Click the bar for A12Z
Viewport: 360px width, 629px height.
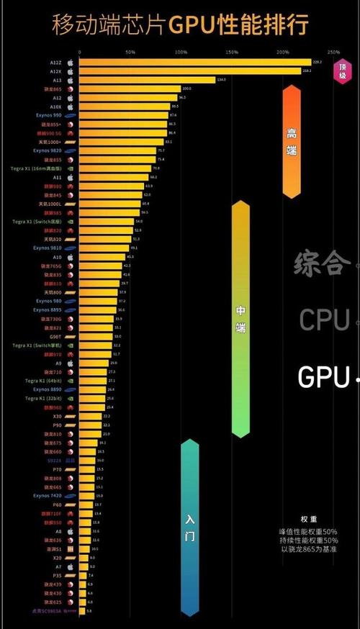click(x=194, y=63)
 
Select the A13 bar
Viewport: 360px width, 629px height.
click(x=147, y=80)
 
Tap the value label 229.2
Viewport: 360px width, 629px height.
click(x=317, y=63)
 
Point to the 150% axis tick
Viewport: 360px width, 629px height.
click(x=231, y=53)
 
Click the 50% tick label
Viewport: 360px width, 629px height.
click(x=130, y=53)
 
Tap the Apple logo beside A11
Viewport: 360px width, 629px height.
click(x=71, y=176)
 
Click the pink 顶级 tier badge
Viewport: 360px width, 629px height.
click(x=342, y=71)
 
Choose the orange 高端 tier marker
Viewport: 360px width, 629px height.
click(x=291, y=141)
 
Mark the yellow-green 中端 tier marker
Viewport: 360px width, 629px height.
click(x=240, y=319)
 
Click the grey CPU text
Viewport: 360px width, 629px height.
click(x=325, y=319)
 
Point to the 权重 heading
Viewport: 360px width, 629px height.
click(x=310, y=519)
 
